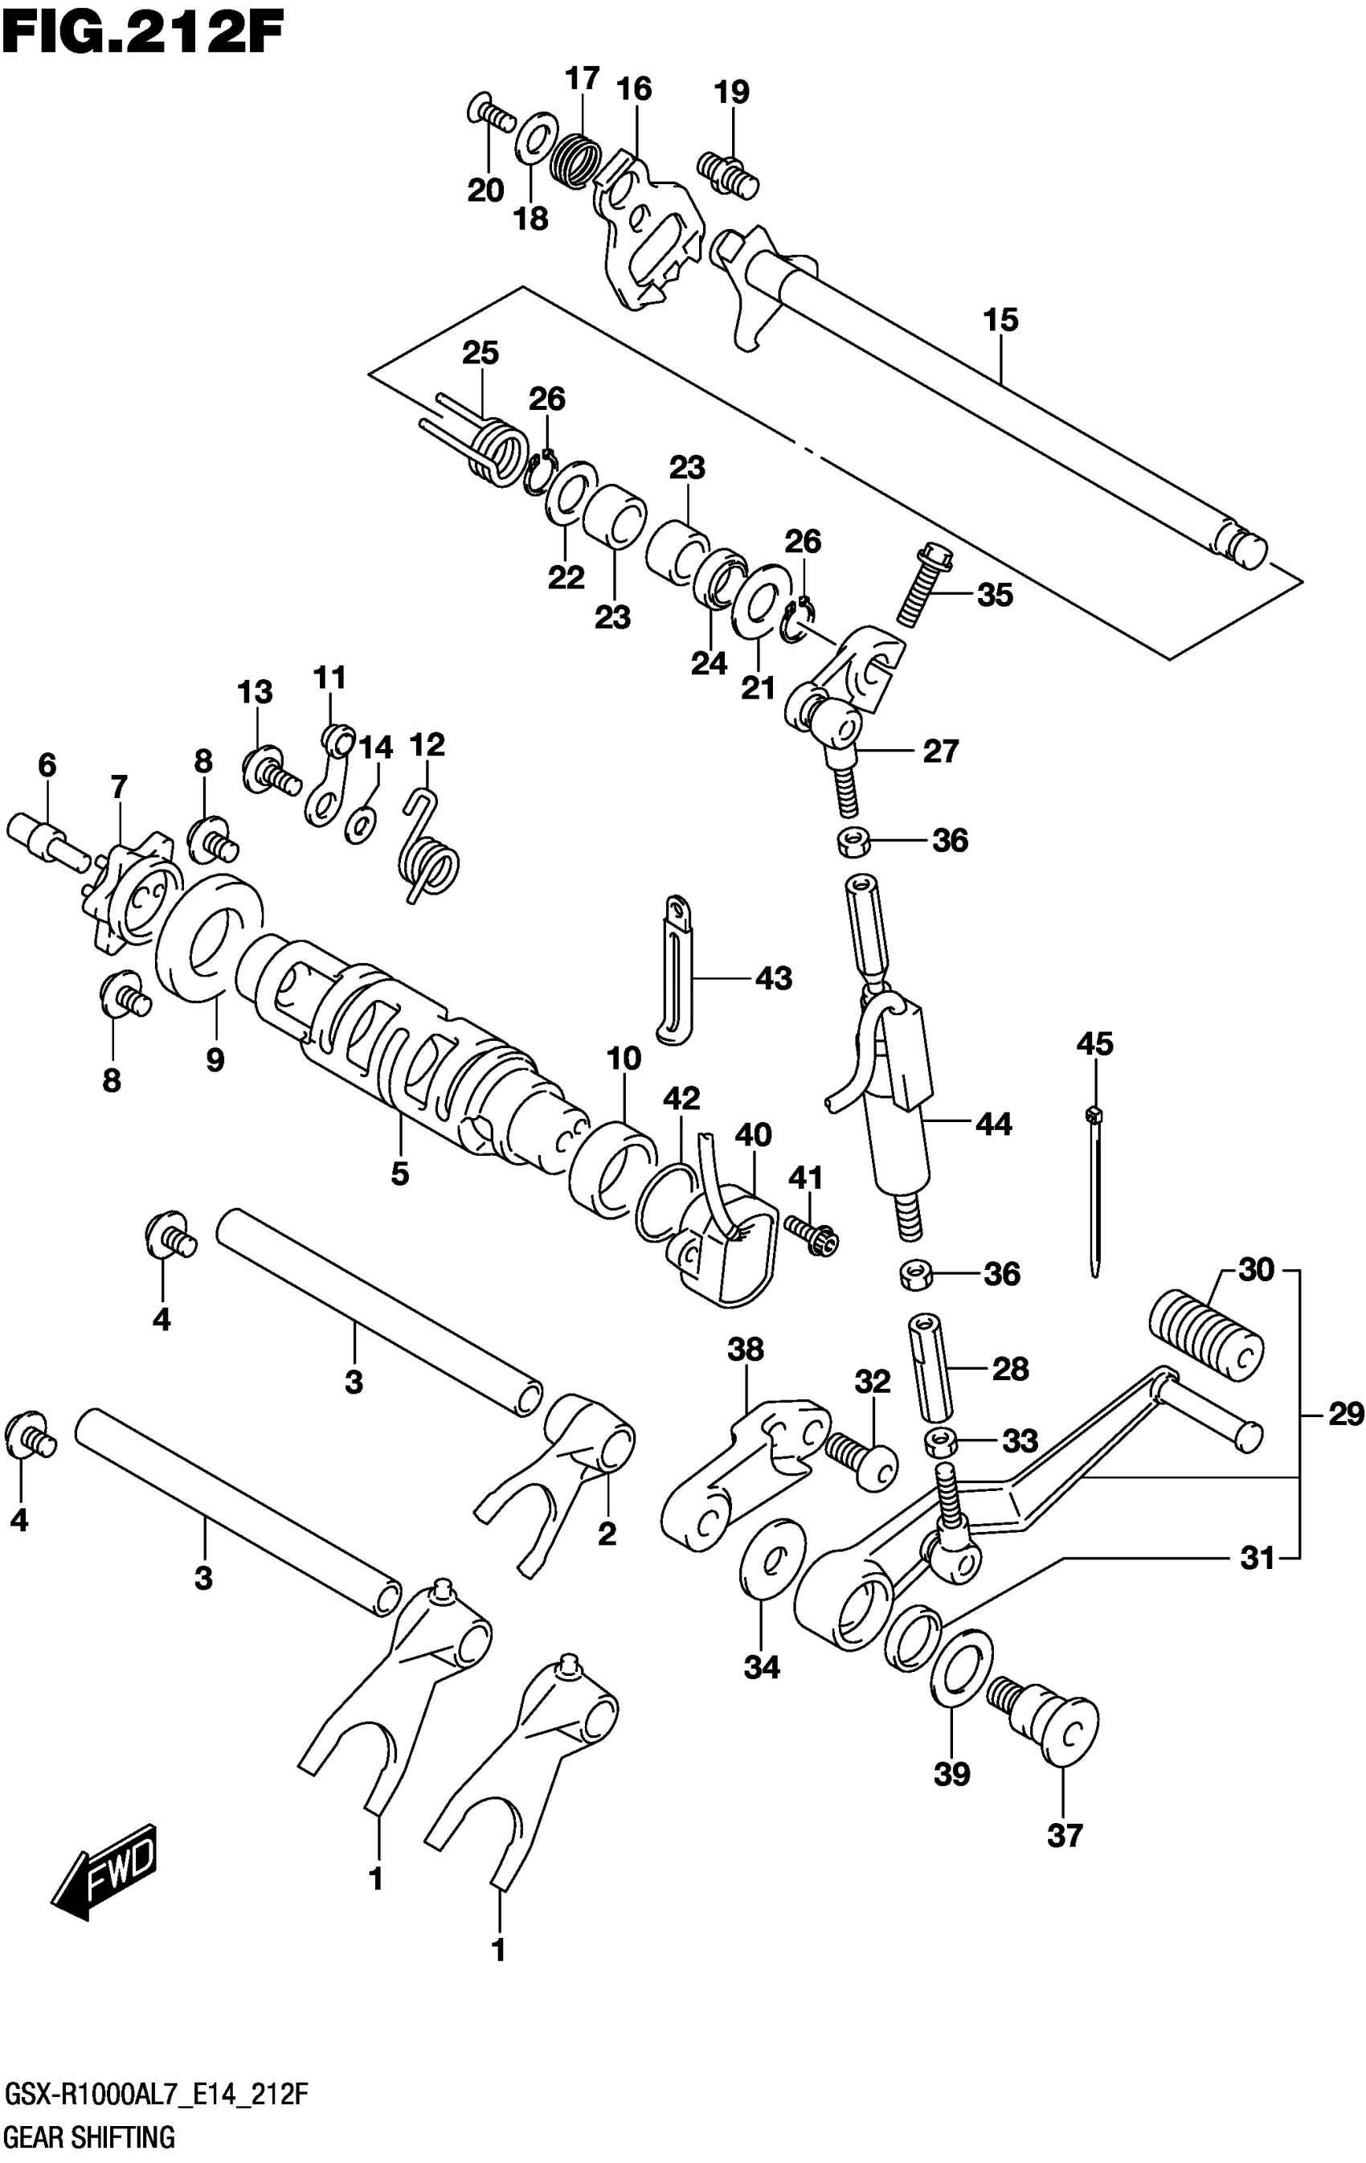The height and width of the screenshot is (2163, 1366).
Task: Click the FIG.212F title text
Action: pos(144,33)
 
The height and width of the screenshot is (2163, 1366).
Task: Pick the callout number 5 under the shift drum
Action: pos(399,1173)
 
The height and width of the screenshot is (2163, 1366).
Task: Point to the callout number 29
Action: pos(1345,1415)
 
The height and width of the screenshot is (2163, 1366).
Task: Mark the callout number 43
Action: pos(773,977)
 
